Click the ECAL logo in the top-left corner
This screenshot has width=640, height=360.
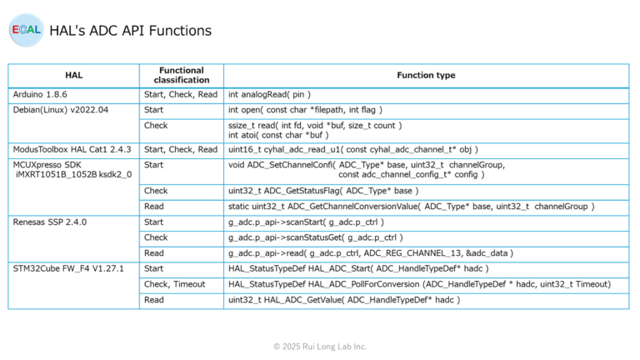26,31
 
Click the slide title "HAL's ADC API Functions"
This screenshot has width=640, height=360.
130,31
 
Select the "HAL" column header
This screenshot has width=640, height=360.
73,75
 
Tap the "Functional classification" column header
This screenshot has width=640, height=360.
181,75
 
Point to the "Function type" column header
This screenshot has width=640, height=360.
425,75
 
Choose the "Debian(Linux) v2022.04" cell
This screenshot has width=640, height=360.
61,109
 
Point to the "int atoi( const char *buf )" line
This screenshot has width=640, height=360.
278,134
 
